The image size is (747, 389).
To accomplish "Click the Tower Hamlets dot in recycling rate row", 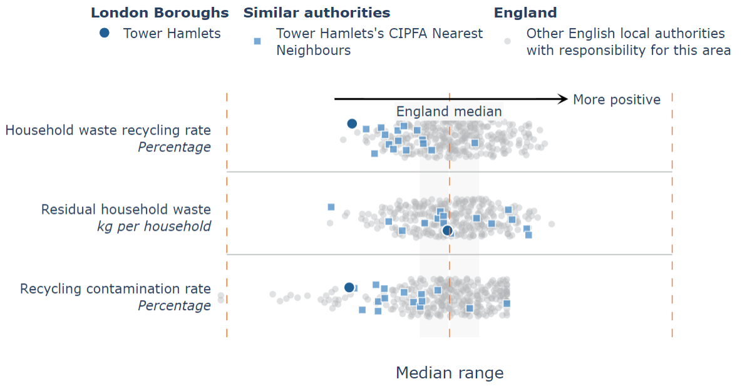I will click(x=352, y=124).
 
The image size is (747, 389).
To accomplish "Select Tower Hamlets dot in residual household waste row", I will click(x=447, y=231).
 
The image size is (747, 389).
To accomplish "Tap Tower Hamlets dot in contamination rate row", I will click(x=349, y=288).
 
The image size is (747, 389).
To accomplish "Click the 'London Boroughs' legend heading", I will click(x=160, y=13).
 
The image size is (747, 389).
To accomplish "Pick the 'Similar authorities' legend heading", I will click(x=316, y=13).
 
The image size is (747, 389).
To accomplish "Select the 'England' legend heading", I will click(x=525, y=13).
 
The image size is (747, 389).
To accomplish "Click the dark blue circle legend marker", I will click(x=105, y=33).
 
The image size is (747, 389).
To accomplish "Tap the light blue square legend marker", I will click(x=257, y=41).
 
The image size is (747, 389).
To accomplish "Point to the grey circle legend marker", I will click(x=508, y=41).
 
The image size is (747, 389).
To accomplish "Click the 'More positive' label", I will click(x=617, y=99).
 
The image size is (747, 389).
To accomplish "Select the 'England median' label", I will click(x=449, y=112).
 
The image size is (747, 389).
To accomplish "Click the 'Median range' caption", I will click(x=449, y=373).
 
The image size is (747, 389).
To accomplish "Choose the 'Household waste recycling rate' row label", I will click(x=108, y=130).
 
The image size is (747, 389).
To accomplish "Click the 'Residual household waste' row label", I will click(x=126, y=210).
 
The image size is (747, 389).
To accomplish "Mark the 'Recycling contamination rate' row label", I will click(x=115, y=289).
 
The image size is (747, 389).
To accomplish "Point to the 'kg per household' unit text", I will click(x=154, y=226).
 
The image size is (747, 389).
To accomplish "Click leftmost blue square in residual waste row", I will click(x=331, y=207).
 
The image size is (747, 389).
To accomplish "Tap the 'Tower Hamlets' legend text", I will click(x=172, y=33).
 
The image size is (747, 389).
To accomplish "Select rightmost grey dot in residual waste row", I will click(x=552, y=224).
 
